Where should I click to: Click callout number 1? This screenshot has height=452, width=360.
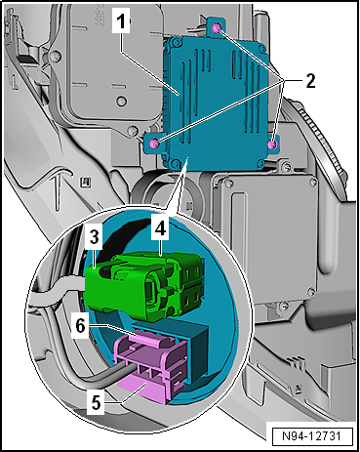coord(121,21)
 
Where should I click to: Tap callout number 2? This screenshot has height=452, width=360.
coord(310,81)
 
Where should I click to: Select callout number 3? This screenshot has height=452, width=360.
coord(95,237)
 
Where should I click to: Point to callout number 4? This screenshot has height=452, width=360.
coord(160,228)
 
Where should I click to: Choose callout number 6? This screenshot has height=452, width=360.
coord(80,326)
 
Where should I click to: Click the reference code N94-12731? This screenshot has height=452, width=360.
coord(311,436)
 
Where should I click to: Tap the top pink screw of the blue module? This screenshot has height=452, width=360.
coord(217,28)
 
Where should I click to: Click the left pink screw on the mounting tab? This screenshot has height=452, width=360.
coord(154,143)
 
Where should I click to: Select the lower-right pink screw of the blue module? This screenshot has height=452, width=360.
coord(272,144)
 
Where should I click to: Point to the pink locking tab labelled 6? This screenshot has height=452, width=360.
coord(149,338)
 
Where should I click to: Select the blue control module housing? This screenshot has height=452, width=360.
coord(218,103)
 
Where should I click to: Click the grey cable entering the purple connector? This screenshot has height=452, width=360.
coord(81,374)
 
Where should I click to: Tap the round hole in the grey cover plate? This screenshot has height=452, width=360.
coord(121,101)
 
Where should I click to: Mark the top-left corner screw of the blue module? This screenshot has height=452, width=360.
coord(176,41)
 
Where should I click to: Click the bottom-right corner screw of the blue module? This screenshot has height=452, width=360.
coord(260,163)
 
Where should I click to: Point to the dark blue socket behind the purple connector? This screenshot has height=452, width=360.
coord(197,351)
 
